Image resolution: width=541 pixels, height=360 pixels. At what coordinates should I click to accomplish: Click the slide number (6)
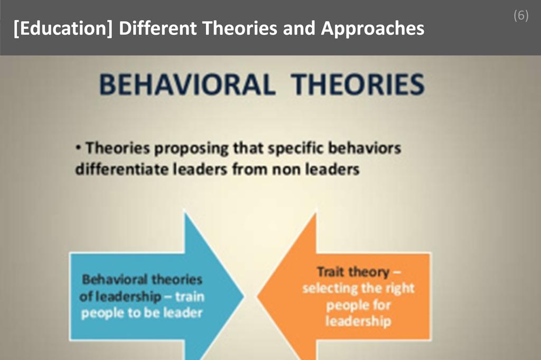click(520, 16)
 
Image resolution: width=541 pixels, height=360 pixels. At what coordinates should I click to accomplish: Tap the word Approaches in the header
click(372, 29)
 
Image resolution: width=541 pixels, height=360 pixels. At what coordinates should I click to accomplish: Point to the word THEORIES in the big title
click(358, 85)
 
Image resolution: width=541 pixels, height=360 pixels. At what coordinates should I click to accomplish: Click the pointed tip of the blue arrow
click(244, 296)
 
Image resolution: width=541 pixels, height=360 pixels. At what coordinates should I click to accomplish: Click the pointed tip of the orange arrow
click(258, 296)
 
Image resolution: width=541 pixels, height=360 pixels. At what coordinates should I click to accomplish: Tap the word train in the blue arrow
click(189, 296)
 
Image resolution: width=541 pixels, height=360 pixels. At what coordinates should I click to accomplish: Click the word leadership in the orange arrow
click(358, 321)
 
